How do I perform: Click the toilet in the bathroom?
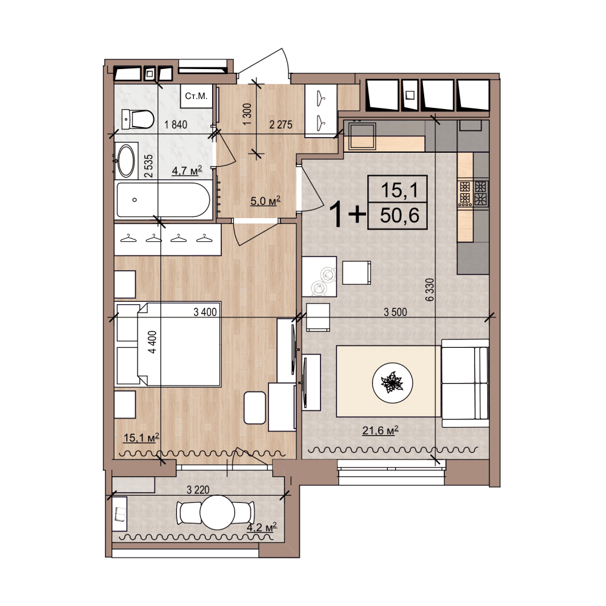pos(138,119)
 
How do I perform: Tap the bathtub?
pos(163,200)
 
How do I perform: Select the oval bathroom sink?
pos(126,161)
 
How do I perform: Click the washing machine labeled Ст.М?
pos(196,96)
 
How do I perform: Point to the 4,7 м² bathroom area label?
pos(187,170)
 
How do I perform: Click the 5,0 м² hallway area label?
pos(265,201)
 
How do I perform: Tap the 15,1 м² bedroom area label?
pos(141,438)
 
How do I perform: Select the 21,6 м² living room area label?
pos(381,430)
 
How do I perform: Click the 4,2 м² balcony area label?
pos(262,527)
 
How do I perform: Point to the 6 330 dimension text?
pos(430,290)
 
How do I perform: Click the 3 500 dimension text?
pos(395,311)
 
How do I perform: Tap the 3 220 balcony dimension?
pos(198,490)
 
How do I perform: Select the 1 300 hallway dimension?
pos(247,114)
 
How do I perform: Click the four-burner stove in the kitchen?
pos(473,193)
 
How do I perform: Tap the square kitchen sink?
pos(362,136)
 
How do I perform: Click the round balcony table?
pos(217,513)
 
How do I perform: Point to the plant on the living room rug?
pos(392,382)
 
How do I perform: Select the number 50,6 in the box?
pos(399,215)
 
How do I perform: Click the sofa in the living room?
pos(465,384)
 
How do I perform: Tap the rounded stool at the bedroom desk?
pos(255,408)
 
